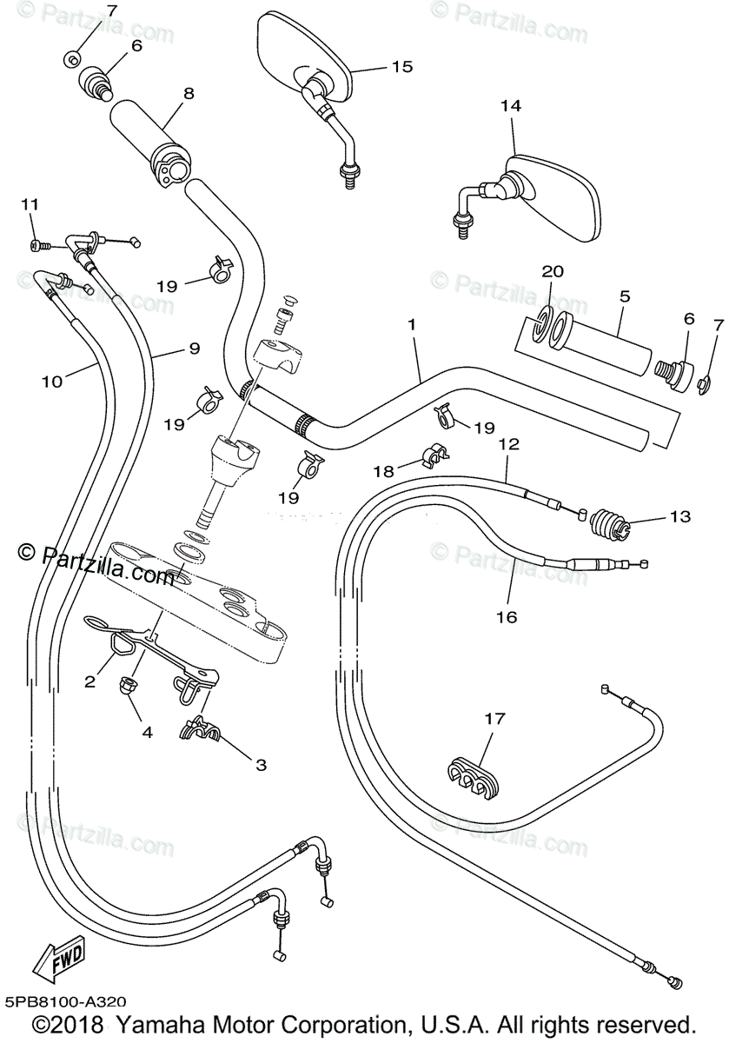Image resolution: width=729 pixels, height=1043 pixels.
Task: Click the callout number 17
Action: (x=494, y=719)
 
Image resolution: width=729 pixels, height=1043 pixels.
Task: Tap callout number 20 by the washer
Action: (x=553, y=271)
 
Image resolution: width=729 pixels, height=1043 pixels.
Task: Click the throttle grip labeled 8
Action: (x=150, y=141)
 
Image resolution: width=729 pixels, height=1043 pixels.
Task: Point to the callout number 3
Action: (x=262, y=765)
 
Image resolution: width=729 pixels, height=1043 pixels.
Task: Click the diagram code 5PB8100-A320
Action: (x=66, y=1000)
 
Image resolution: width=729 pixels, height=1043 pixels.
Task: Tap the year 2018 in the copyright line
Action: (x=76, y=1024)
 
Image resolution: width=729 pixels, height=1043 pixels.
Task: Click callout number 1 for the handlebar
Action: (x=411, y=324)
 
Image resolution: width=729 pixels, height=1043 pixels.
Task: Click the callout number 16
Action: (x=507, y=617)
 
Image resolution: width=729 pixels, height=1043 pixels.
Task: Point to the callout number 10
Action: (x=52, y=382)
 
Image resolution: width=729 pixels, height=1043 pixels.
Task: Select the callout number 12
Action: (x=509, y=444)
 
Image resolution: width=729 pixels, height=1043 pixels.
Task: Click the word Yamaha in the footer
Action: (x=160, y=1024)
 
